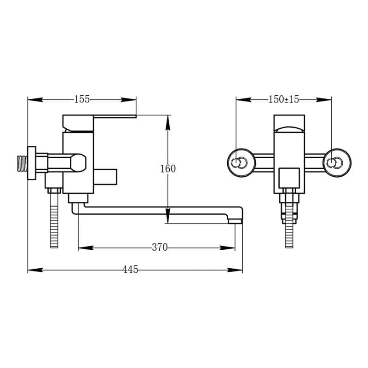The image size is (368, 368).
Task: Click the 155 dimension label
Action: (82, 99)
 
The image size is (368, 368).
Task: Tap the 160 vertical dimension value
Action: (168, 169)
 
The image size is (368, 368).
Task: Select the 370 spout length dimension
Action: (160, 247)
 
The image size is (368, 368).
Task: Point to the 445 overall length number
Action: (131, 270)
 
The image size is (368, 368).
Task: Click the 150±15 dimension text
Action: (283, 99)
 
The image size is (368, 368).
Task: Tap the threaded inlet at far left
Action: (23, 163)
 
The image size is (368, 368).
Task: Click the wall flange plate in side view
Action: (32, 163)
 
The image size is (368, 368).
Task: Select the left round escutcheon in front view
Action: (241, 163)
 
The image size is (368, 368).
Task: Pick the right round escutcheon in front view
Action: (337, 163)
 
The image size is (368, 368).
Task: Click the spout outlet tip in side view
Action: (235, 221)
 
